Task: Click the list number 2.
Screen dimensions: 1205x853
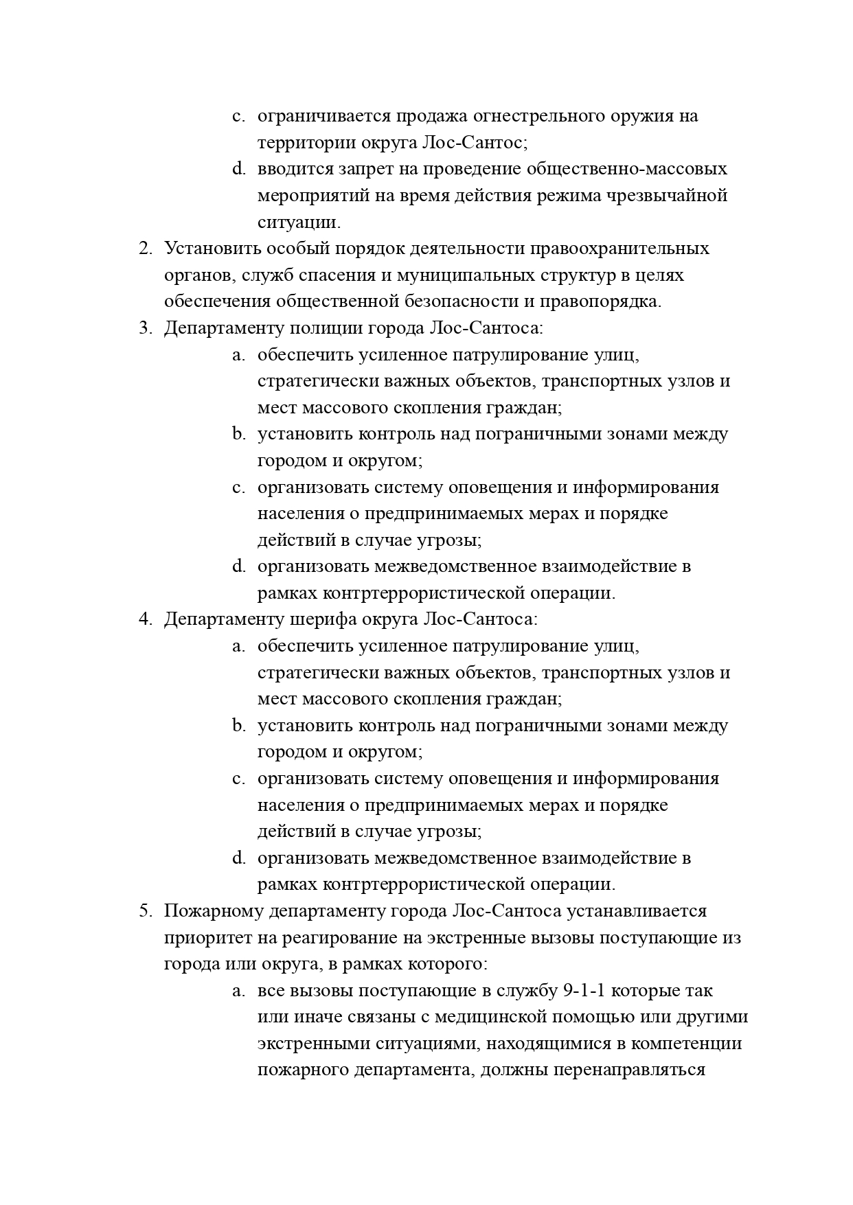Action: coord(145,249)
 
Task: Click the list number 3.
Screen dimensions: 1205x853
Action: coord(145,328)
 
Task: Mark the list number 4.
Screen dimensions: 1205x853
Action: coord(145,619)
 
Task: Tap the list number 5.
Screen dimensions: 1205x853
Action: coord(145,911)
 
